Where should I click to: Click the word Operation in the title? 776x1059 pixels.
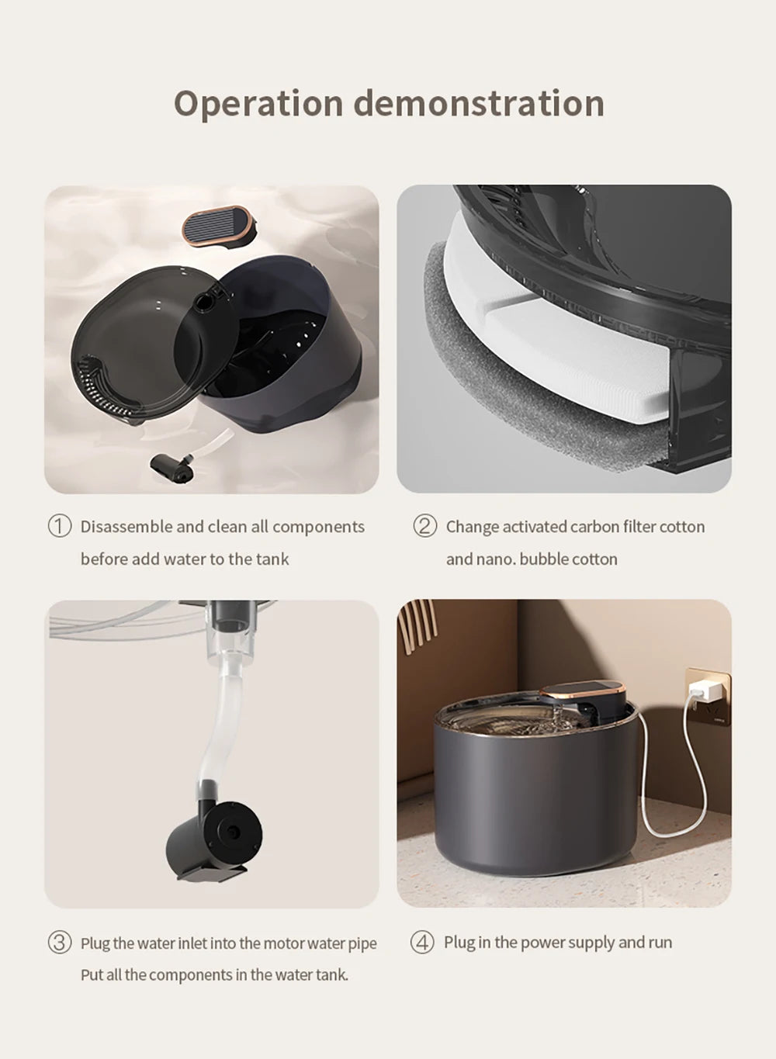[258, 104]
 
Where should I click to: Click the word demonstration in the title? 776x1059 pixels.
[479, 104]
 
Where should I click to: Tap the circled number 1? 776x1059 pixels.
[60, 526]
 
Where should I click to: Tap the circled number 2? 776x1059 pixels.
[424, 526]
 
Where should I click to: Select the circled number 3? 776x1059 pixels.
[60, 943]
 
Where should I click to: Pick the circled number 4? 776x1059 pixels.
[422, 943]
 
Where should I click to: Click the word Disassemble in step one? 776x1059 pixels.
[126, 527]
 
